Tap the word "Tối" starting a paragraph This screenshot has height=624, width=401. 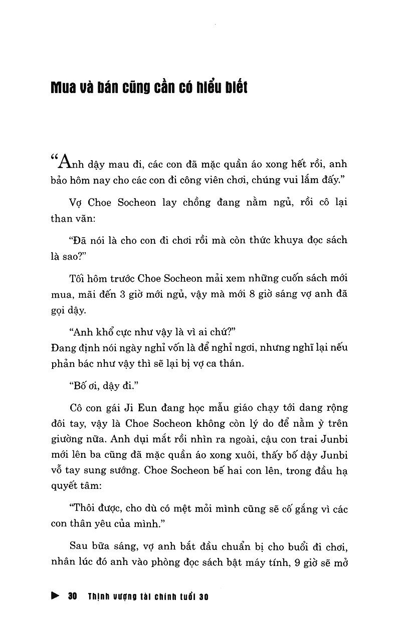pyautogui.click(x=80, y=278)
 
